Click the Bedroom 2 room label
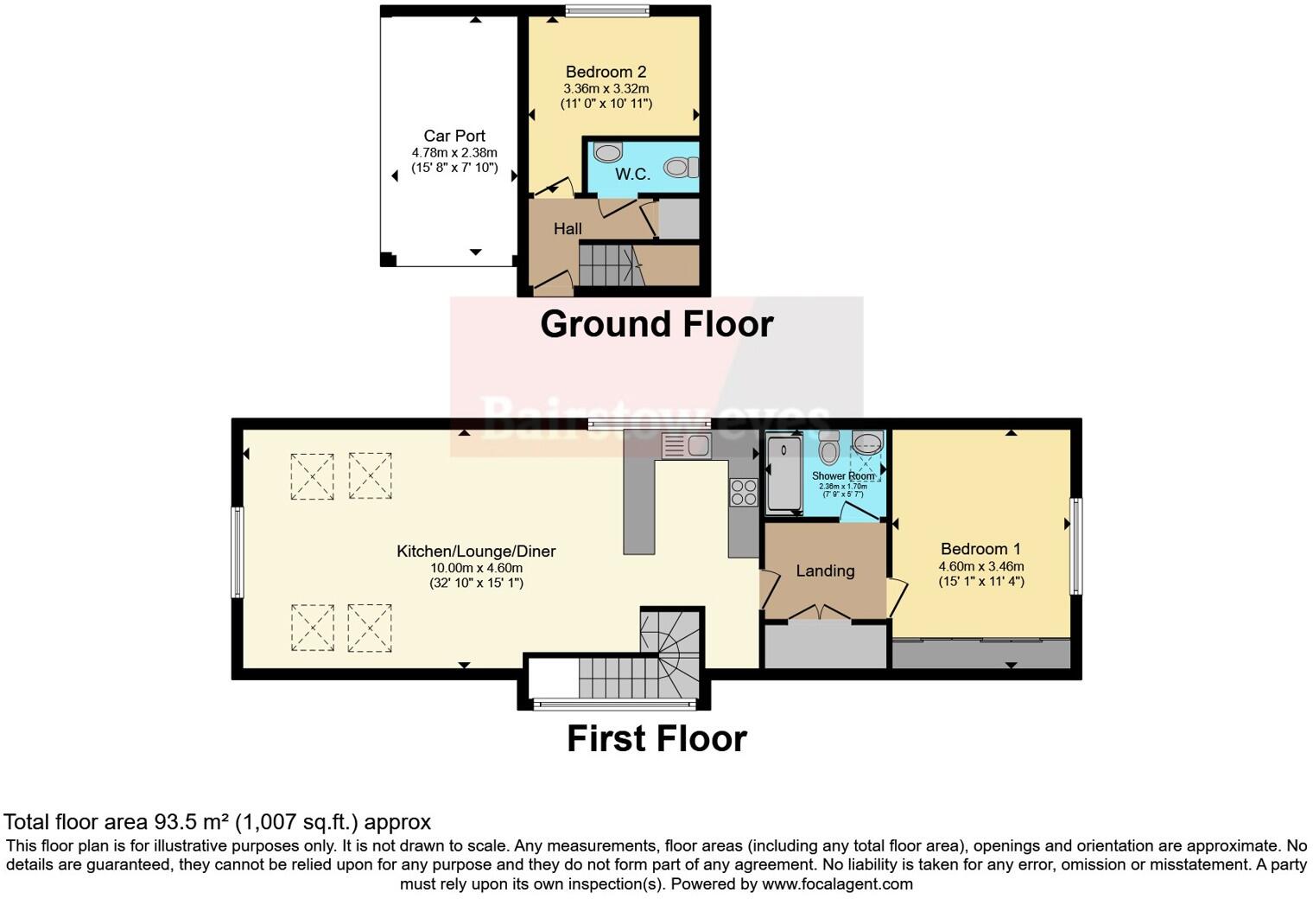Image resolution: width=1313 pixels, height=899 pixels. [x=606, y=72]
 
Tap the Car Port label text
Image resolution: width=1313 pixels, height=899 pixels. [x=454, y=136]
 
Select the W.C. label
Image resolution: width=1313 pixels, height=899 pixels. [x=632, y=174]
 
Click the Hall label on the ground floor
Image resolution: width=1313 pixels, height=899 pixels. [x=568, y=229]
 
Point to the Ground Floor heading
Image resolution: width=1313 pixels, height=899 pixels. [x=656, y=324]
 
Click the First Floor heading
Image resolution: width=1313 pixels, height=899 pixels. [x=656, y=739]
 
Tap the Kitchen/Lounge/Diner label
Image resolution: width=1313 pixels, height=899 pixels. [x=476, y=551]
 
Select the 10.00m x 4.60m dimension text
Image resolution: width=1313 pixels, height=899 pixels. [x=476, y=568]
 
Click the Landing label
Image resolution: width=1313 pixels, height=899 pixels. [x=825, y=571]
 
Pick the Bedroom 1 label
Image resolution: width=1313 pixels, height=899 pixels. [x=980, y=549]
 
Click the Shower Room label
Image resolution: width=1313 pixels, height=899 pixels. [x=843, y=476]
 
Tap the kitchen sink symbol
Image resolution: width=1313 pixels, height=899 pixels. [x=686, y=446]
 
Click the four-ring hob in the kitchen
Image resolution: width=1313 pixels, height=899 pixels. [x=743, y=492]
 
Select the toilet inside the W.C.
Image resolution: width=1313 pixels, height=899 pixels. [x=682, y=167]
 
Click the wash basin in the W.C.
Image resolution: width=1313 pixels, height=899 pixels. [x=608, y=153]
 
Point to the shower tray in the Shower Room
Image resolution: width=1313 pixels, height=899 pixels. [x=783, y=474]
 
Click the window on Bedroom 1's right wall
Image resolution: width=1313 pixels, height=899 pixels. [x=1075, y=545]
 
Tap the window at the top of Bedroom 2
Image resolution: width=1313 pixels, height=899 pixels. [x=606, y=10]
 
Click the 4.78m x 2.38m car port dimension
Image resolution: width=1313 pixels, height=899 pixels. [x=454, y=153]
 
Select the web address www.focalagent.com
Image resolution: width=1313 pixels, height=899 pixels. [x=837, y=883]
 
